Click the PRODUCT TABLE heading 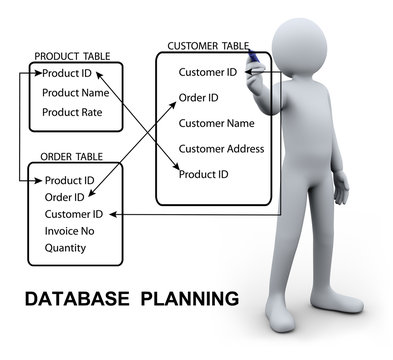point(72,57)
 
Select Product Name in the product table point(76,93)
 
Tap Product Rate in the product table point(73,112)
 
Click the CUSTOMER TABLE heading point(207,46)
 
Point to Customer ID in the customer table point(207,72)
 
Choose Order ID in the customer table point(199,98)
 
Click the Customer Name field point(217,124)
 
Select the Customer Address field point(221,149)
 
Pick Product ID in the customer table point(203,174)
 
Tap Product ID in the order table point(70,181)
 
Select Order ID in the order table point(64,197)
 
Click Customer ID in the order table point(74,214)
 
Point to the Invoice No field point(69,231)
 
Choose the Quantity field point(65,248)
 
